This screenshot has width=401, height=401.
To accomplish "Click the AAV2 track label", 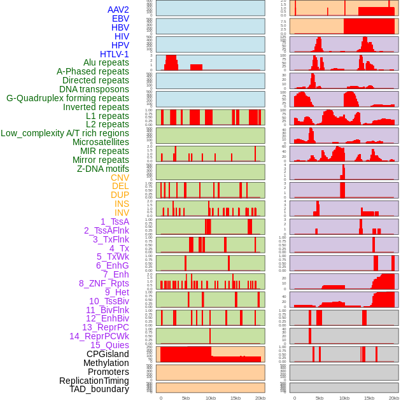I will click(x=118, y=10).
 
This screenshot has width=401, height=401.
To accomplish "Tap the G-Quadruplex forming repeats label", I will click(x=67, y=98).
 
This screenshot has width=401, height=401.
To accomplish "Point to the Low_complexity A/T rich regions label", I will click(x=65, y=133).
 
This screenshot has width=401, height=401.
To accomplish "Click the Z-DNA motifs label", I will click(x=103, y=169).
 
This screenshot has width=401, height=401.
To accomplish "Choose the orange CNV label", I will click(x=120, y=178).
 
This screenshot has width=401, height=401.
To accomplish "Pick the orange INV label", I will click(x=122, y=213).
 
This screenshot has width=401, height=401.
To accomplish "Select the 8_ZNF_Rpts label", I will click(x=104, y=283).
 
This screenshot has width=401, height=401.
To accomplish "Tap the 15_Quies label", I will click(x=109, y=345).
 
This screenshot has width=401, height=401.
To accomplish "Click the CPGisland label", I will click(x=108, y=354).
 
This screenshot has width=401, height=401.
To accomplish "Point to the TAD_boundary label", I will click(x=99, y=389).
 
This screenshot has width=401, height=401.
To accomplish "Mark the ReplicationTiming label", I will click(x=94, y=381).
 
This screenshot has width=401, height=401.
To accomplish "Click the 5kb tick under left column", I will click(x=186, y=398).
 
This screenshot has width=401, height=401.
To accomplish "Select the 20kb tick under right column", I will click(x=394, y=398).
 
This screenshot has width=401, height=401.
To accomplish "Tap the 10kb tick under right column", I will click(x=344, y=398).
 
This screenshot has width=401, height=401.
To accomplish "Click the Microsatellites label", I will click(x=101, y=142).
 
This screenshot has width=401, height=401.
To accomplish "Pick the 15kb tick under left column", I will click(x=236, y=398).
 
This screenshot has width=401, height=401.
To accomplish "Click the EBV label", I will click(x=120, y=18).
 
